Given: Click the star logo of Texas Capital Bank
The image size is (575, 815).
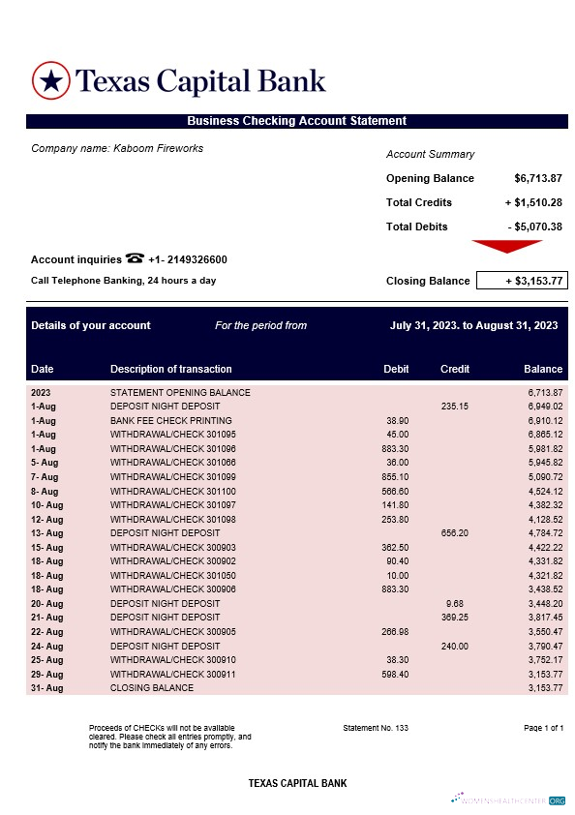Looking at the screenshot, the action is (x=52, y=80).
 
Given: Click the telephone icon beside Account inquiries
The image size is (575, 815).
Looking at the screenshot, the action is (x=135, y=258).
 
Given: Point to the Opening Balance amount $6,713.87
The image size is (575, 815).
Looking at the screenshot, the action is (x=538, y=178).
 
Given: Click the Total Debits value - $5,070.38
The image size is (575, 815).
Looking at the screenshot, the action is (x=535, y=226).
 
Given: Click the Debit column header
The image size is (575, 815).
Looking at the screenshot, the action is (x=396, y=369).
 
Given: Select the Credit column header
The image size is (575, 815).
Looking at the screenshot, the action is (x=455, y=369).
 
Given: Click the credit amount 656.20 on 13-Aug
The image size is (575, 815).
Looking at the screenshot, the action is (x=455, y=532).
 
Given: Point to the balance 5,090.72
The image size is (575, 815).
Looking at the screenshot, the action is (x=543, y=477).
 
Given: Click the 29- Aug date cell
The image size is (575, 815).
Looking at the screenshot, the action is (x=46, y=674).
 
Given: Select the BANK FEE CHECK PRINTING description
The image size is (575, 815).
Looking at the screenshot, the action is (x=171, y=421).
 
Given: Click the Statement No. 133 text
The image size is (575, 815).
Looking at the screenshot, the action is (x=376, y=728).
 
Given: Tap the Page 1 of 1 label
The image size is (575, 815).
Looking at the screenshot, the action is (x=543, y=728).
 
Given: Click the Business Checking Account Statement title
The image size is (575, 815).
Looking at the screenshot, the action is (x=296, y=121).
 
